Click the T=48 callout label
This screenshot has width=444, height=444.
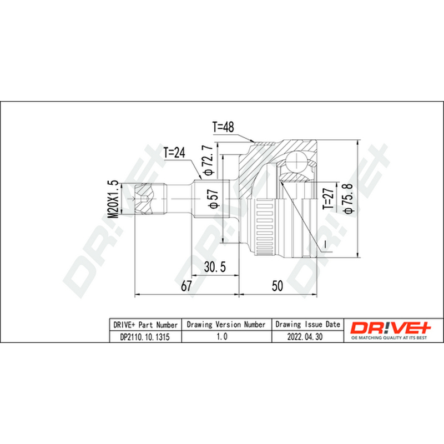223,127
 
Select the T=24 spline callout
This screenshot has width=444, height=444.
174,153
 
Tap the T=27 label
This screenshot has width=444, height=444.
329,199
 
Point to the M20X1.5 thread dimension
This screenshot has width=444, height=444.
113,199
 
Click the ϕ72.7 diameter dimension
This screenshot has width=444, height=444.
208,160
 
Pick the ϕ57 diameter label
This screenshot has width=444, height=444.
214,199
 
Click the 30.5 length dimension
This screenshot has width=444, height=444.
215,267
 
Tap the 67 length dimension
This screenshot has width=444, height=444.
186,286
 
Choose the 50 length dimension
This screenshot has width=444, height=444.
277,286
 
